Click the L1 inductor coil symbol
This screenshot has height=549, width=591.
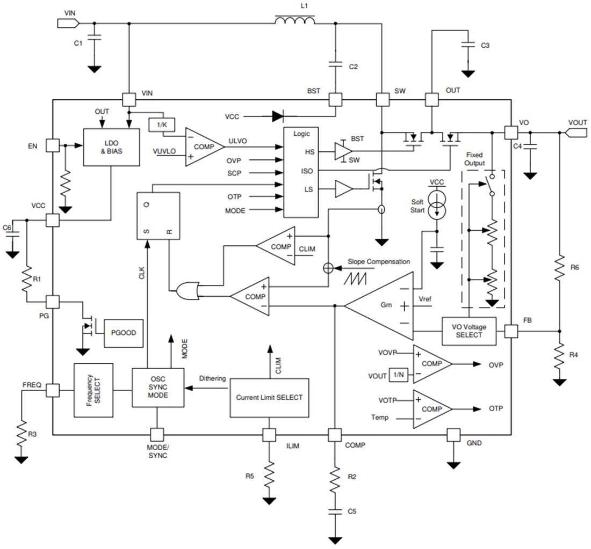294,21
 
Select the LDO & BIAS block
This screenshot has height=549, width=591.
111,147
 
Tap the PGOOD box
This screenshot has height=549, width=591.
124,333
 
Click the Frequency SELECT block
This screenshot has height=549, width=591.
93,390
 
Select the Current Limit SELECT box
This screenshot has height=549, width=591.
269,398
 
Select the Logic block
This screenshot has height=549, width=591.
304,172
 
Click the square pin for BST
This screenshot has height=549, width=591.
335,100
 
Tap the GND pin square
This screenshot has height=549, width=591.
454,435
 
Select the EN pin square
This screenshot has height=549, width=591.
53,145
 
